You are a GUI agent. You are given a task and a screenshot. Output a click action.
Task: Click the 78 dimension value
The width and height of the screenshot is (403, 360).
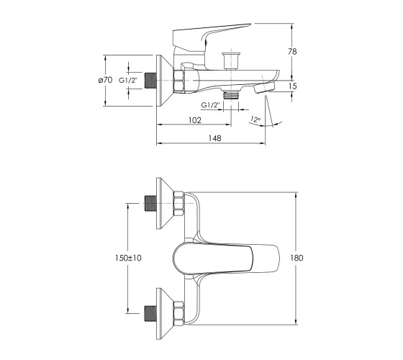click(x=292, y=51)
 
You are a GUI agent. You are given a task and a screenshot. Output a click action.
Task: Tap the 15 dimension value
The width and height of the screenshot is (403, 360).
click(x=292, y=86)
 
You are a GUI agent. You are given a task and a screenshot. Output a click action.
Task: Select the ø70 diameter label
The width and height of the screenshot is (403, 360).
click(x=105, y=80)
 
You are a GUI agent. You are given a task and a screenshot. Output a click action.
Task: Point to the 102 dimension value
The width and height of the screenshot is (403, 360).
click(x=195, y=120)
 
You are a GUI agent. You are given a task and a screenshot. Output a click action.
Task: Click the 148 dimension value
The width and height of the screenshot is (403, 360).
click(x=214, y=138)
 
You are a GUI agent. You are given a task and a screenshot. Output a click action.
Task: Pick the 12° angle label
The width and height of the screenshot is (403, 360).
click(x=255, y=120)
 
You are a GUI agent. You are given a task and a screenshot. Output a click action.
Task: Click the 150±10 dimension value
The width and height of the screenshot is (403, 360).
click(x=128, y=258)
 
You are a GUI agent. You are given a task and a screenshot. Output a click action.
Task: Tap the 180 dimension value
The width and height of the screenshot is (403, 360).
click(x=296, y=258)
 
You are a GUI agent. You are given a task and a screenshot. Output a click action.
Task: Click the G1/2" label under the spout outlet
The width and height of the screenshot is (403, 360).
click(x=211, y=105)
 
